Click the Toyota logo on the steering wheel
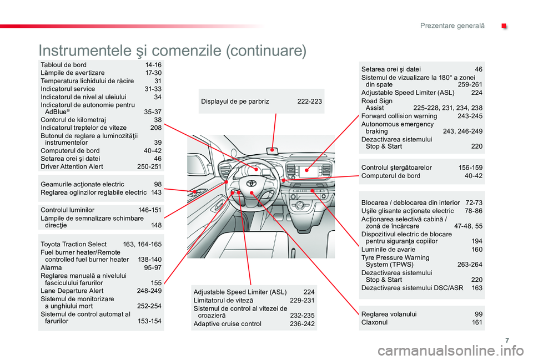point(251,183)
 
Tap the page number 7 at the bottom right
point(507,340)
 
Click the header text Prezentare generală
point(452,26)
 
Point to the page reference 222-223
point(309,101)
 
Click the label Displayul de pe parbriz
point(235,101)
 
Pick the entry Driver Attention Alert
point(72,167)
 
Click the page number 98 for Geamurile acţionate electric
point(158,184)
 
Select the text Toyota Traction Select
point(73,244)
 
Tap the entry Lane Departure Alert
point(72,291)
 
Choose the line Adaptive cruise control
point(228,323)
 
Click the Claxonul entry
point(374,322)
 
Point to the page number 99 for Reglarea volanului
point(479,314)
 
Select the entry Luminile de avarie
point(388,249)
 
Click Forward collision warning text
point(399,116)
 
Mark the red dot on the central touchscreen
point(306,170)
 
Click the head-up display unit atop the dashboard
point(272,150)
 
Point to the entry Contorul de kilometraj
point(73,120)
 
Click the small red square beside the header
point(504,26)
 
